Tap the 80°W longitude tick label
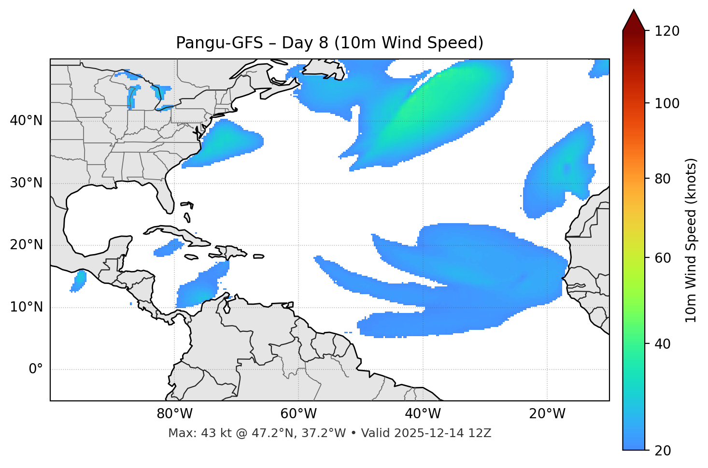tap(174, 414)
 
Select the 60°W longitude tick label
tap(298, 414)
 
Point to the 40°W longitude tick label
tap(423, 414)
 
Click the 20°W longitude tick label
tap(547, 414)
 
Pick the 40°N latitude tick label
tap(26, 121)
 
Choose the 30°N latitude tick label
tap(26, 183)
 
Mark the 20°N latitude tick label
tap(26, 245)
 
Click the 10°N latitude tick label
tap(26, 307)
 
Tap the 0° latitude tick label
tap(36, 369)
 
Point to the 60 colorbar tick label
tap(663, 258)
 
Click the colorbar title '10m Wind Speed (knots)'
tap(691, 240)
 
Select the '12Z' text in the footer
tap(481, 433)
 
